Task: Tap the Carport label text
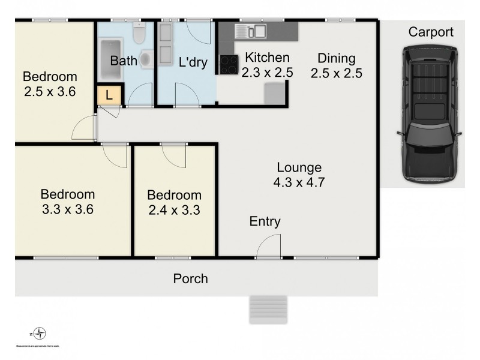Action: [431, 32]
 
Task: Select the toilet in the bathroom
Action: [139, 34]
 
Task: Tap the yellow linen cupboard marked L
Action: [109, 95]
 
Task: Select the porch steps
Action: [267, 310]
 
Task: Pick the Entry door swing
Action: [270, 245]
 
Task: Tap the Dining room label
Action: [337, 59]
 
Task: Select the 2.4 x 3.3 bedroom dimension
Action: [174, 210]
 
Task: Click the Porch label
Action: [190, 278]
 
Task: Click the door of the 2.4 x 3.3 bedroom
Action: [175, 156]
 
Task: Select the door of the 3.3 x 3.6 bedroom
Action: [115, 156]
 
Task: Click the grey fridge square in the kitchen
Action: [275, 92]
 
